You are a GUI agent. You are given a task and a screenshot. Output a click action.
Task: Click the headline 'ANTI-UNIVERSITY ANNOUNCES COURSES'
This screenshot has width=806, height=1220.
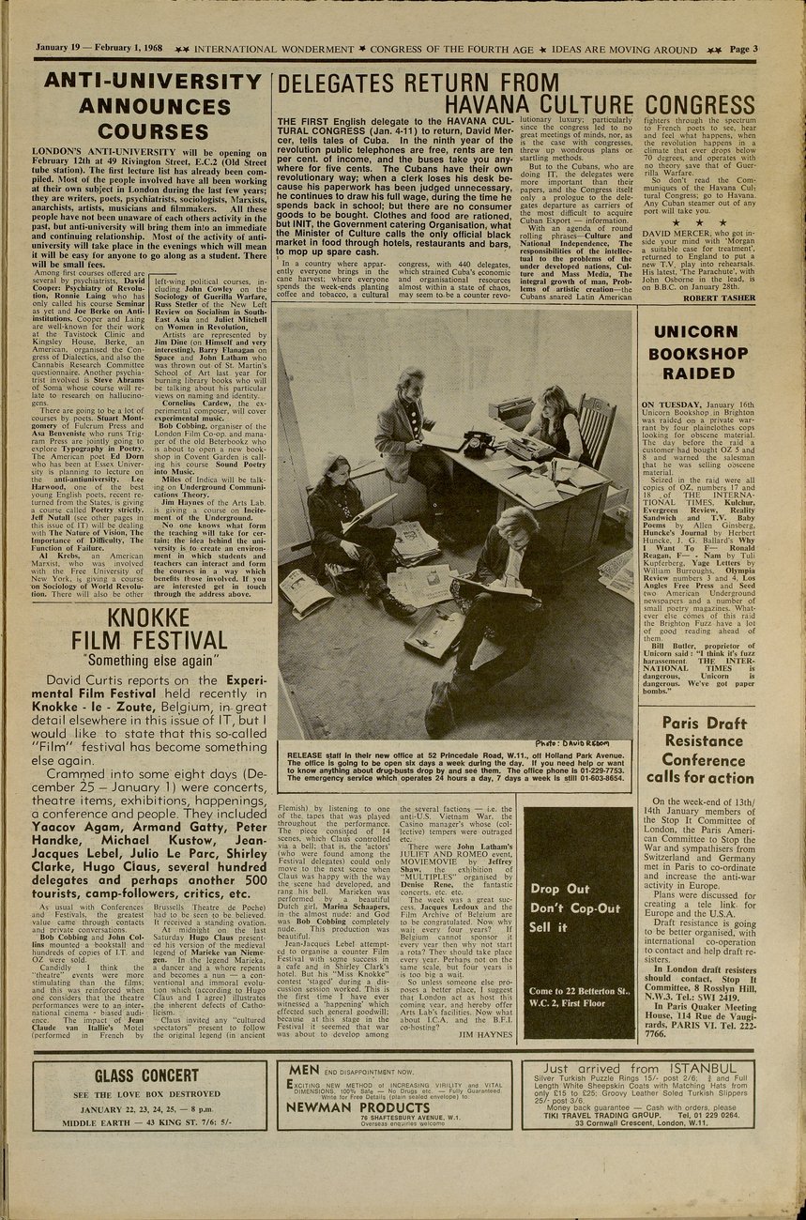click(154, 106)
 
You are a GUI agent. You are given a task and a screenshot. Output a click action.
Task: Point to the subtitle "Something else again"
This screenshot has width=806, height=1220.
click(154, 661)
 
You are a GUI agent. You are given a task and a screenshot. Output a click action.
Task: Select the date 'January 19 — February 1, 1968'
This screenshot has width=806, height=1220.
click(99, 49)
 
